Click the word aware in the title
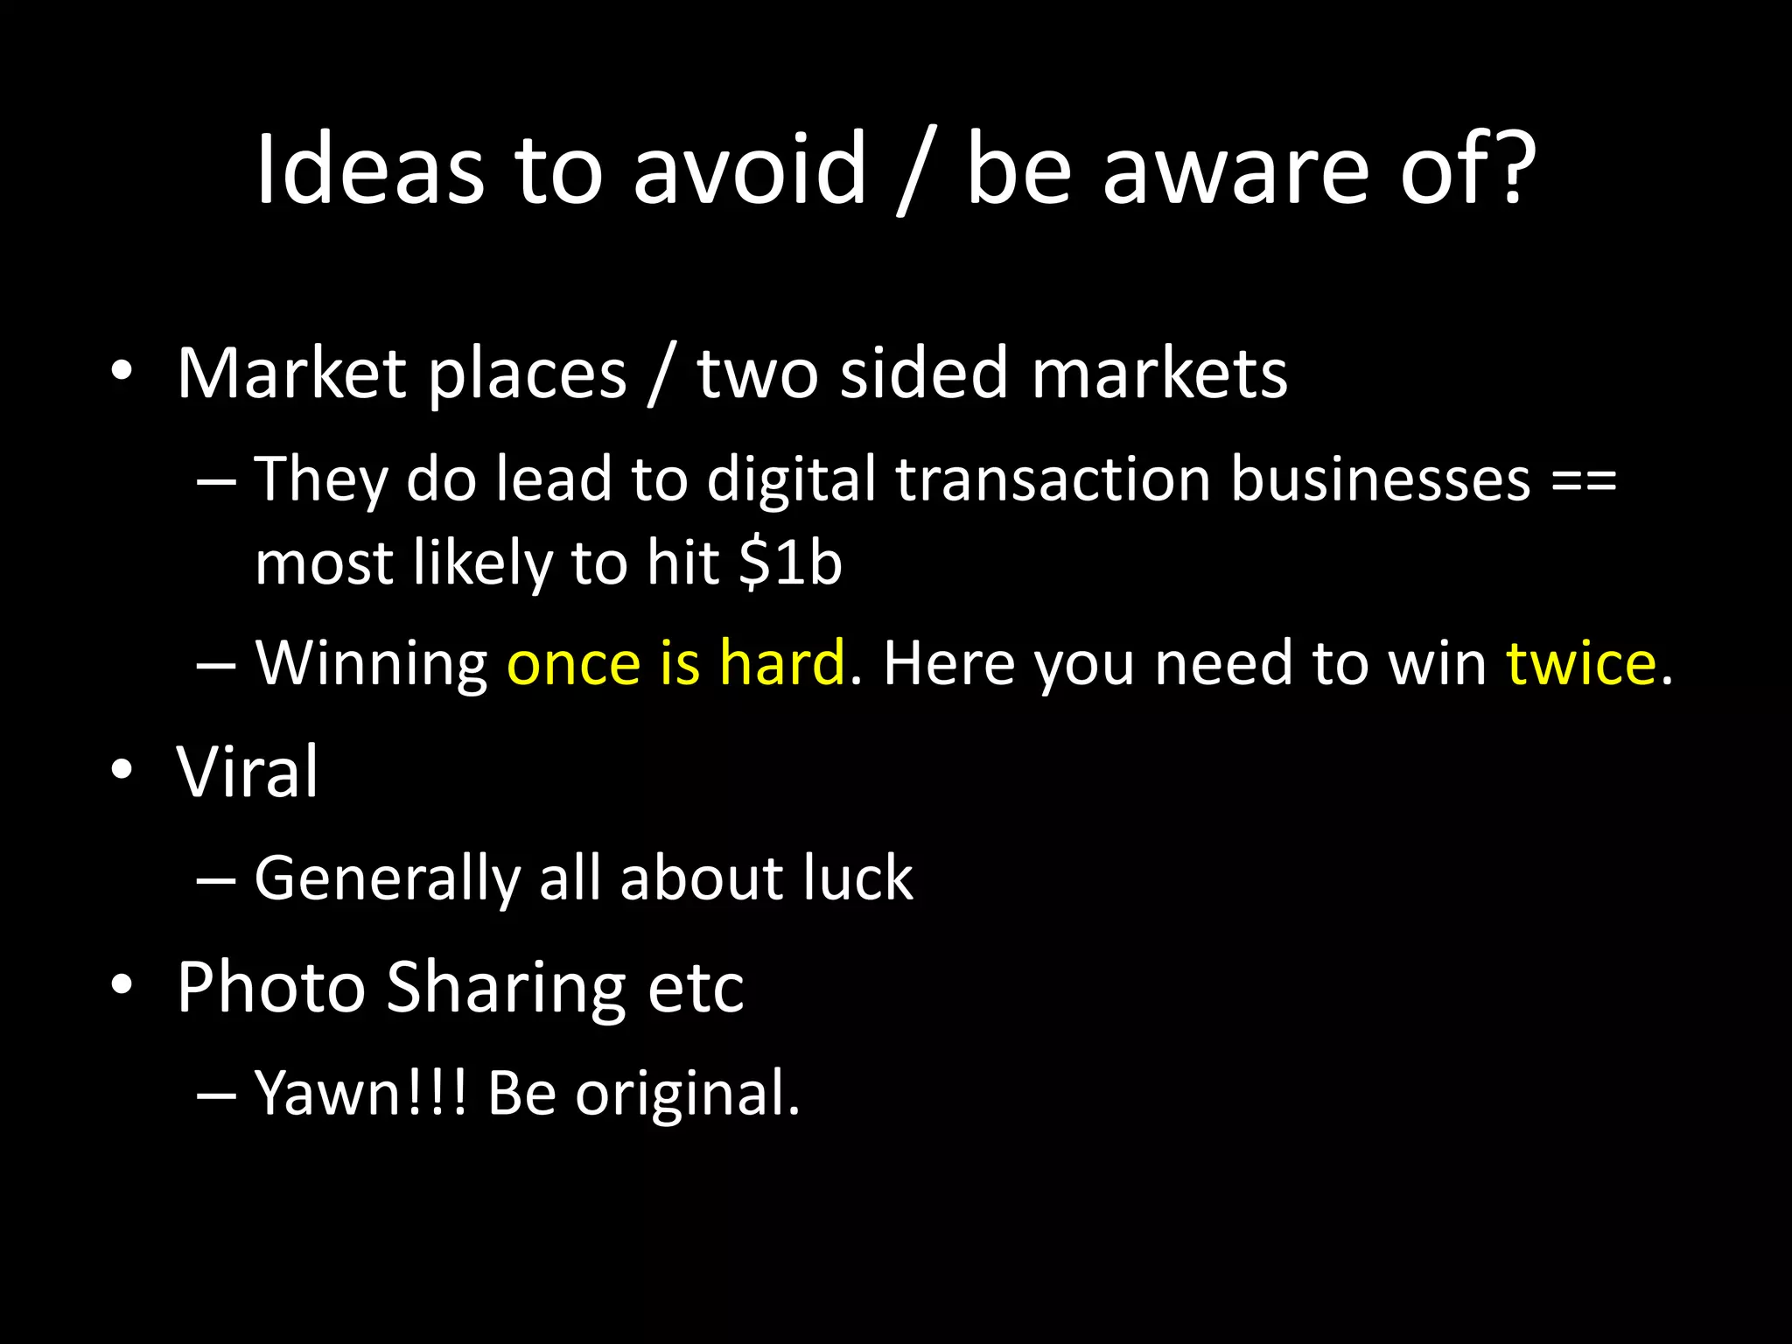point(1235,171)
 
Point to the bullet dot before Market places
point(122,372)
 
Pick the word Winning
point(371,664)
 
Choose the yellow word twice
point(1580,662)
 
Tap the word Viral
point(248,772)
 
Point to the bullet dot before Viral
point(122,770)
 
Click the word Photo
point(270,987)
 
